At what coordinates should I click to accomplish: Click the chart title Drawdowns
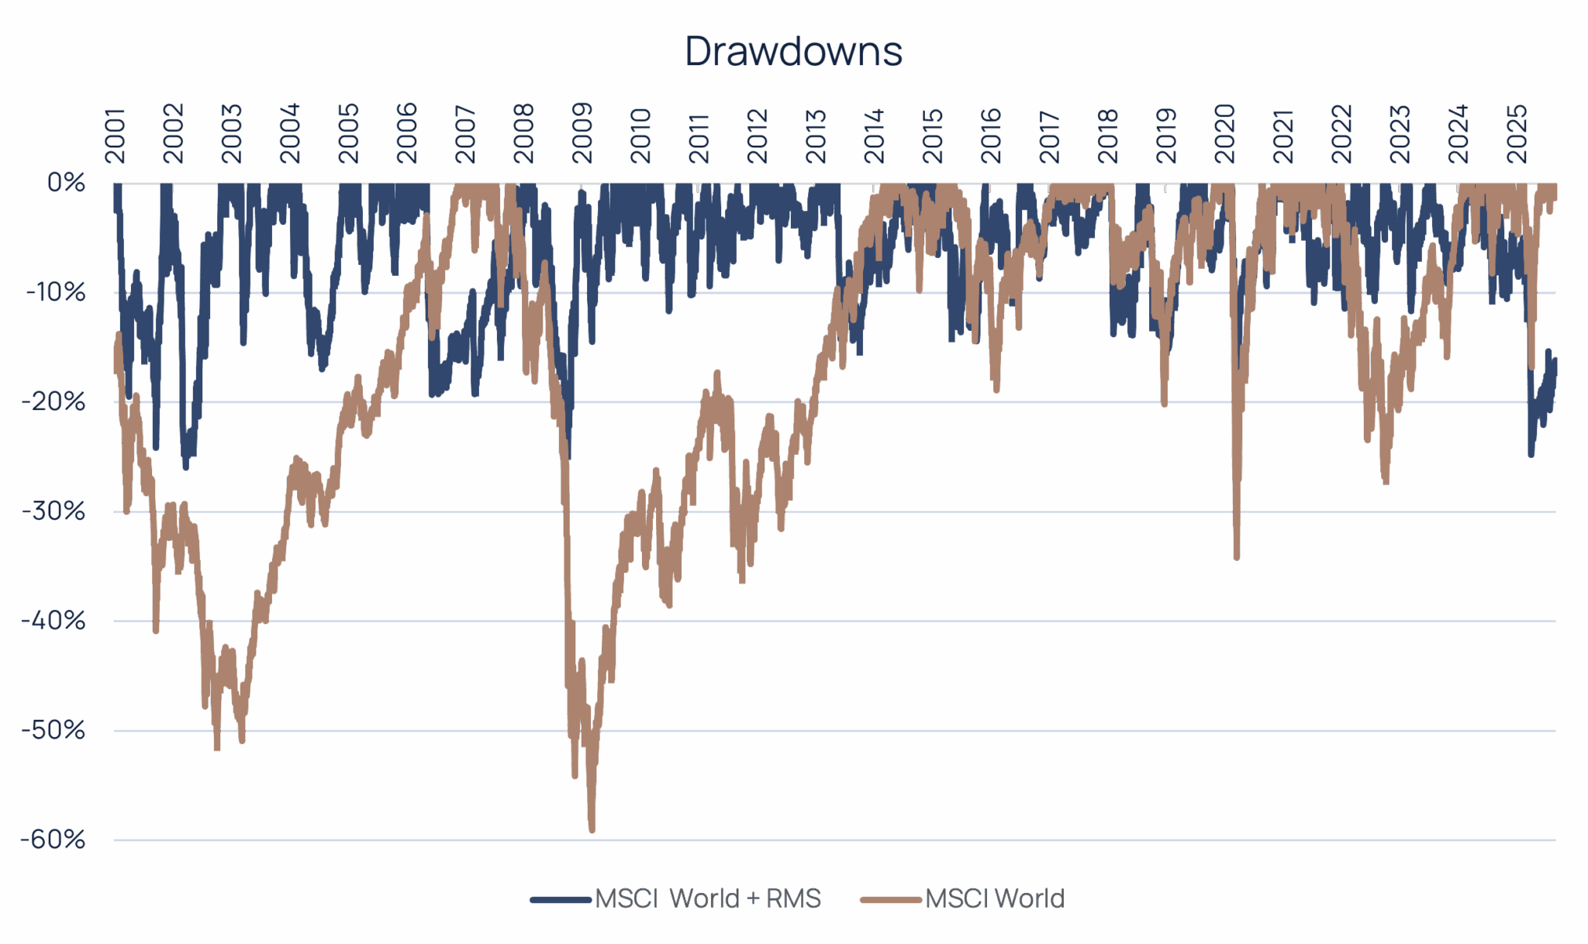[793, 52]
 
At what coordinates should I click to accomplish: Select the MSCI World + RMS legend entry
[706, 898]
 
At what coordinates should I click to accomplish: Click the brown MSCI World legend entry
[994, 898]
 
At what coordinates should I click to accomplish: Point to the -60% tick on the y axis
[54, 839]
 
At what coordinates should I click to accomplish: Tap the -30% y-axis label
[54, 512]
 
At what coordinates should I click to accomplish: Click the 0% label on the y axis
[66, 183]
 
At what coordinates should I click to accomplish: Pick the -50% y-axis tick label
[54, 730]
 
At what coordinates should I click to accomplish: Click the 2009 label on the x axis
[582, 133]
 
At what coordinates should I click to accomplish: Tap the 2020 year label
[1225, 133]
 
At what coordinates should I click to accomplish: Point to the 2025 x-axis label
[1517, 133]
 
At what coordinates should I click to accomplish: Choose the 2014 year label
[875, 133]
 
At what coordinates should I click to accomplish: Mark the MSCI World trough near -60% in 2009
[592, 831]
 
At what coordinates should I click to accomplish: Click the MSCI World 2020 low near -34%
[1236, 557]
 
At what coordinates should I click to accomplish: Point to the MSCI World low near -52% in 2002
[217, 748]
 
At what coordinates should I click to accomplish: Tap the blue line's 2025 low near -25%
[1531, 455]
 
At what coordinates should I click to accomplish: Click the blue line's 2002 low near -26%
[185, 468]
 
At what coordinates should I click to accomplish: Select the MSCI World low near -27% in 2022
[1386, 482]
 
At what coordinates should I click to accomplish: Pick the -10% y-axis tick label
[55, 292]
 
